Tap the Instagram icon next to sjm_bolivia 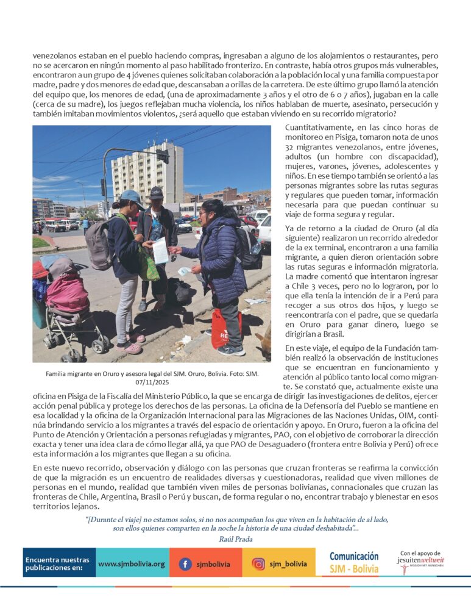258,564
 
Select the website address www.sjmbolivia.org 131,564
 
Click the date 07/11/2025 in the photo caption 152,382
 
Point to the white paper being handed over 160,250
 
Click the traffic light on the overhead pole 161,157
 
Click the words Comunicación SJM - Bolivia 353,563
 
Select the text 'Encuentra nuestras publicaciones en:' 57,564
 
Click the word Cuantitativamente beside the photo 320,127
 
